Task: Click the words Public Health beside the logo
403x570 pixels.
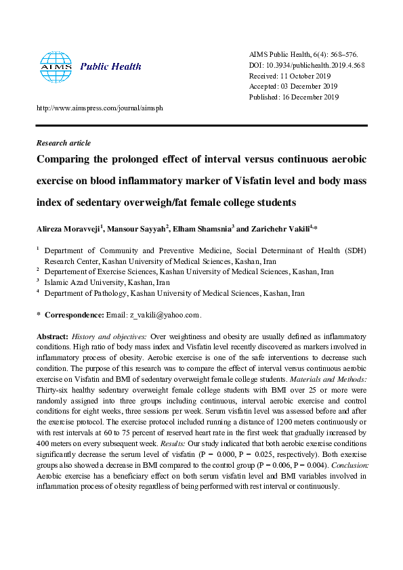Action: [110, 66]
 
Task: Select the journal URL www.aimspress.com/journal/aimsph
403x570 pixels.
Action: [99, 108]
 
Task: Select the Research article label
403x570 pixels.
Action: [63, 144]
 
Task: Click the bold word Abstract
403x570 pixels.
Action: [51, 336]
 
